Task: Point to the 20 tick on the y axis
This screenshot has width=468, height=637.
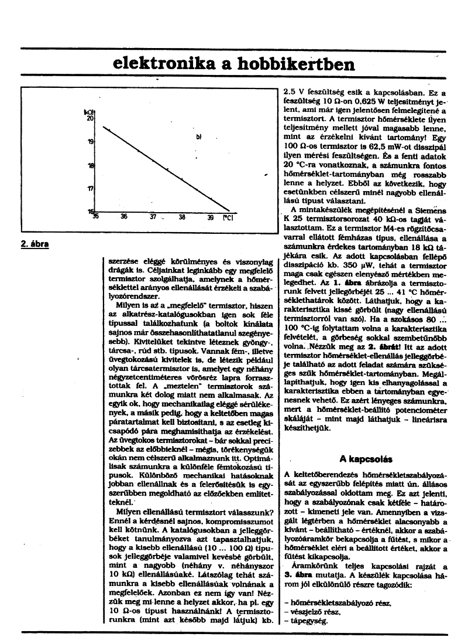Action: click(91, 118)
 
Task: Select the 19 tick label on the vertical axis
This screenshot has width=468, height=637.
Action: click(91, 142)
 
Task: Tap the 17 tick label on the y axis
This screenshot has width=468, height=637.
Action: click(91, 189)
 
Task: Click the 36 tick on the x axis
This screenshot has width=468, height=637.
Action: click(124, 217)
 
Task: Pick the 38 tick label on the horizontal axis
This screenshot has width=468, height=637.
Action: click(182, 217)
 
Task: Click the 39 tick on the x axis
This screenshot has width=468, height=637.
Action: click(211, 217)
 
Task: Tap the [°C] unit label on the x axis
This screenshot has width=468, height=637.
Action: click(228, 217)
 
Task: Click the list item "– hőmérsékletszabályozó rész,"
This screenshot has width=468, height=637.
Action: click(338, 604)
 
